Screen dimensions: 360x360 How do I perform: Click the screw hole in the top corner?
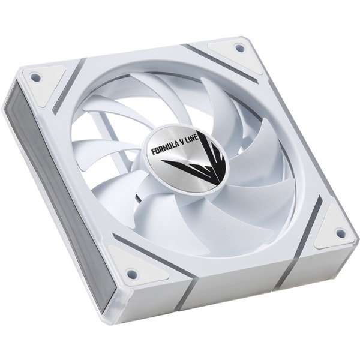(x=238, y=48)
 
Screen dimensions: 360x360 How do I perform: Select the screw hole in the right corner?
(x=340, y=232)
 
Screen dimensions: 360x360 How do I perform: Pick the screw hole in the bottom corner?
(x=130, y=273)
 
